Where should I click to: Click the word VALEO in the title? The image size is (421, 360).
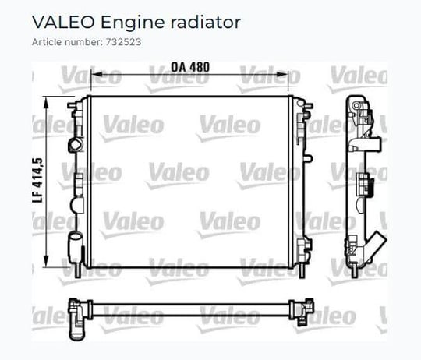point(63,22)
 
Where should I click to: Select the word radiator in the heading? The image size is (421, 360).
point(206,22)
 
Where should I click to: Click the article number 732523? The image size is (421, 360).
point(123,42)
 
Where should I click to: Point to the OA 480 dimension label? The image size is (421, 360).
point(190,67)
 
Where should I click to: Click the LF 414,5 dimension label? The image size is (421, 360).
point(37,180)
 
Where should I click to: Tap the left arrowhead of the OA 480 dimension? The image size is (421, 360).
point(96,74)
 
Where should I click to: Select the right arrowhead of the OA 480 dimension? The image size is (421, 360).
point(282,74)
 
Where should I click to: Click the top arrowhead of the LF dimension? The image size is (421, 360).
point(46,102)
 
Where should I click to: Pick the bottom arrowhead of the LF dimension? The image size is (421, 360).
point(46,261)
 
